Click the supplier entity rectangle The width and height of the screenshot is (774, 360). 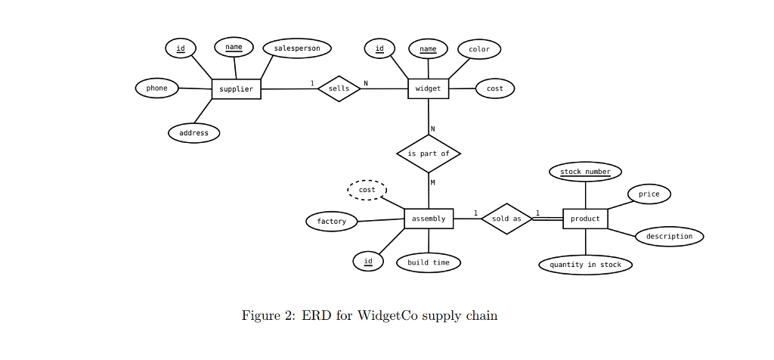tap(236, 89)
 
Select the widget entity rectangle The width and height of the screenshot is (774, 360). tap(428, 89)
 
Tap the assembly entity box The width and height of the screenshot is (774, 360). tap(429, 219)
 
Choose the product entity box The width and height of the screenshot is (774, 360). tap(585, 219)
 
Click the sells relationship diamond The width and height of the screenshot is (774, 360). tap(339, 88)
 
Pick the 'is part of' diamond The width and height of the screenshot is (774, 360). tap(429, 154)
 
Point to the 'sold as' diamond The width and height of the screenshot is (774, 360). tap(506, 219)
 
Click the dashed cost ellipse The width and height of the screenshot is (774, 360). tap(367, 190)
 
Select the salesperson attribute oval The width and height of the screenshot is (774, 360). tap(296, 48)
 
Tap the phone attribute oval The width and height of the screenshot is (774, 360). tap(157, 88)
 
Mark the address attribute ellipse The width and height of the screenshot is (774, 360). tap(194, 133)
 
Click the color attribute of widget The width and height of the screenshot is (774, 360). tap(479, 49)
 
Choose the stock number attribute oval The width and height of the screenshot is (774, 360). tap(585, 172)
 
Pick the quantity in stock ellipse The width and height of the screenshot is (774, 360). tap(585, 265)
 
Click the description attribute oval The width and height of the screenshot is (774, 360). tap(669, 236)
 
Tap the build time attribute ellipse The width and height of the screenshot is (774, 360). tap(429, 262)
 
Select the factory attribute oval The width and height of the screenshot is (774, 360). tap(331, 222)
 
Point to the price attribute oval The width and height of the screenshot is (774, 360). tap(649, 194)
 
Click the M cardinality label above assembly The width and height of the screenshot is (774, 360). tap(433, 182)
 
